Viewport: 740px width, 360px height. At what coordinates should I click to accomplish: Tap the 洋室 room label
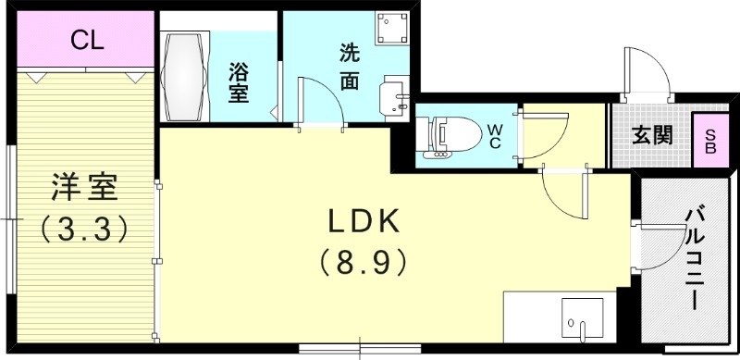click(83, 188)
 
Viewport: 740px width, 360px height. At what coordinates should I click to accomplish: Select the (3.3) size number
click(82, 227)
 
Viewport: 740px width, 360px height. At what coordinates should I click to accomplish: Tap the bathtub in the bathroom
click(189, 75)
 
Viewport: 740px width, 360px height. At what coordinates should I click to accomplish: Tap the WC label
click(495, 135)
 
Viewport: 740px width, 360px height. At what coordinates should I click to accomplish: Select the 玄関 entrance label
click(652, 135)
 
